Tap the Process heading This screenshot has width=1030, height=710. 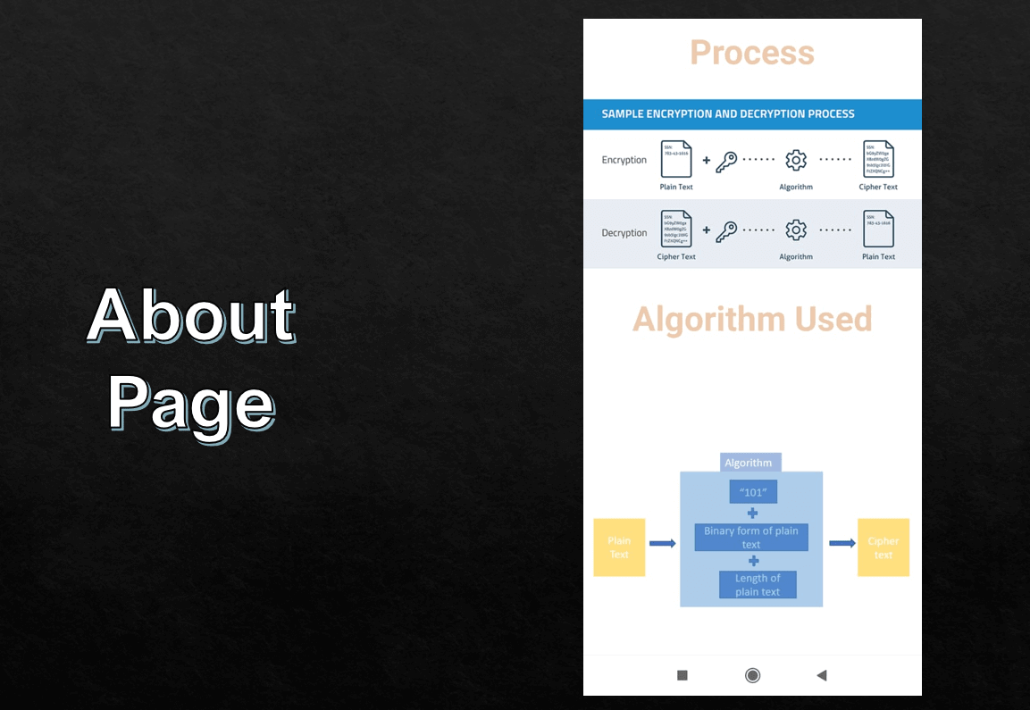click(x=751, y=53)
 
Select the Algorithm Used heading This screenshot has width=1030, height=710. click(x=751, y=319)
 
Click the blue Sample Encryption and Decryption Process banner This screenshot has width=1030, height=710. click(x=751, y=114)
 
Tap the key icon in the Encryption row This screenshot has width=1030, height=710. click(x=727, y=161)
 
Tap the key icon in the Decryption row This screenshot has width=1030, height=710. click(x=727, y=231)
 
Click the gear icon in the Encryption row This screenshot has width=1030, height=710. click(x=796, y=160)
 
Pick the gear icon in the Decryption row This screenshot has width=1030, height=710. click(x=796, y=230)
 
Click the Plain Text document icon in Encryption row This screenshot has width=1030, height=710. click(x=675, y=159)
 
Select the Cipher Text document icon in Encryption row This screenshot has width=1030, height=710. click(x=878, y=159)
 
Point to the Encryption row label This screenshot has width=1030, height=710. click(x=624, y=161)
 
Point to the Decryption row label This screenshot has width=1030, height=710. click(x=624, y=233)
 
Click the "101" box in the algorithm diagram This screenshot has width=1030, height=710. click(x=753, y=492)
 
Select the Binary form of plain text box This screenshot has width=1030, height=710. click(x=751, y=538)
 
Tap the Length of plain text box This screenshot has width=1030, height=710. click(x=758, y=585)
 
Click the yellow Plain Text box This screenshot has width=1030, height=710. click(x=619, y=547)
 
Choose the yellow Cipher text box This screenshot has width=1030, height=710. click(x=883, y=547)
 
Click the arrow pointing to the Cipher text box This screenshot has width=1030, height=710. click(x=842, y=543)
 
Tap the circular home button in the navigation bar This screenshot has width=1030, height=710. click(x=752, y=675)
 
